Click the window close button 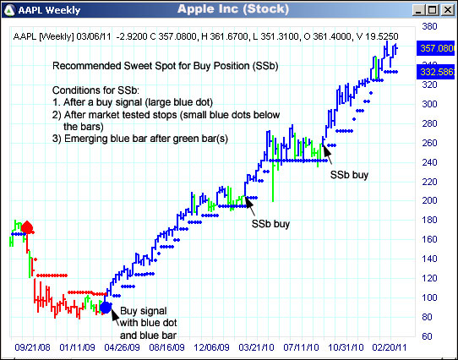pos(447,9)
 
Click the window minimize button pos(418,9)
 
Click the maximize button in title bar pos(433,9)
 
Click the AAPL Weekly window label pos(48,9)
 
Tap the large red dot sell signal pos(27,227)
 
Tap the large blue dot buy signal pos(105,307)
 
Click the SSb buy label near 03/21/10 pos(270,224)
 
